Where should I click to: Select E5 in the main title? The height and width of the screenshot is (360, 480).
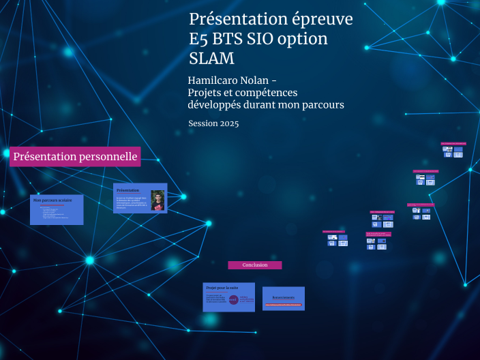[199, 40]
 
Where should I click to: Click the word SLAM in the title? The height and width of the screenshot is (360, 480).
[211, 59]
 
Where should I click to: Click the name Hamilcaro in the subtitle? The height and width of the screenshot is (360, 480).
[211, 80]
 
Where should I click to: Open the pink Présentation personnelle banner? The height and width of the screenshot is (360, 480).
[75, 157]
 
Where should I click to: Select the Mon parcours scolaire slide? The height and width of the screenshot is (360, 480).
[57, 210]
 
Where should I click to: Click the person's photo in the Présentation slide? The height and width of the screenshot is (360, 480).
[157, 200]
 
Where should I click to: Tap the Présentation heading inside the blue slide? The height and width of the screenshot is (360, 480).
[128, 190]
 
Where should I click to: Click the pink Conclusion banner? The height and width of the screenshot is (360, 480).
[255, 265]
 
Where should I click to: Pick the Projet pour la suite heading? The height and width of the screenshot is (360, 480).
[220, 288]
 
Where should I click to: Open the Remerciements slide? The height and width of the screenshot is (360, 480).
[284, 299]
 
